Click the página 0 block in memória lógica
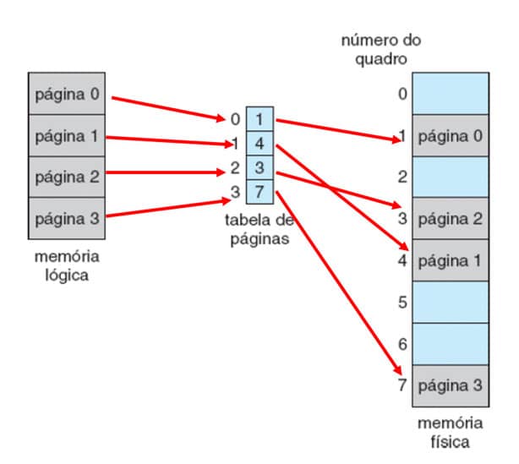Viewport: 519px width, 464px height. point(65,95)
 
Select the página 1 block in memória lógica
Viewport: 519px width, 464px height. point(65,136)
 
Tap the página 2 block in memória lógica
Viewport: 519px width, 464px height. point(65,177)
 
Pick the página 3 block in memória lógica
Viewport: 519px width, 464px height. point(65,219)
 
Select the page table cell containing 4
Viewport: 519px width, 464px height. point(260,145)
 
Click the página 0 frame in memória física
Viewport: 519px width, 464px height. point(450,135)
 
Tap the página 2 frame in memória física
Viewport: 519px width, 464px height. point(450,218)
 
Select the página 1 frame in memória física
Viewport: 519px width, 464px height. point(450,259)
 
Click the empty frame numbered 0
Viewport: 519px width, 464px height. point(450,93)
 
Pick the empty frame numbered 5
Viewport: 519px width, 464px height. point(450,301)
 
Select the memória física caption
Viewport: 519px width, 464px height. point(450,432)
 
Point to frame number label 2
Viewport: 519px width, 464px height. point(402,177)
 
